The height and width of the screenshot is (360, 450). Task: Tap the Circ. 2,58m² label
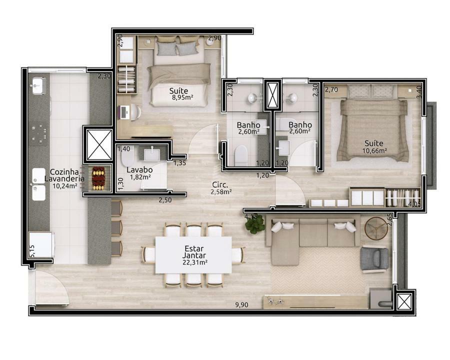pos(221,188)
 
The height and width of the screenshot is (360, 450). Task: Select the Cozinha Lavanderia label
pos(64,175)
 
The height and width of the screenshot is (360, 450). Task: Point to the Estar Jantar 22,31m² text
pos(194,255)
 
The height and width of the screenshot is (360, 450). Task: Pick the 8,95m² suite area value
pos(182,97)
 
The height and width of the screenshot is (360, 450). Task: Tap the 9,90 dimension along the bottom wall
pos(241,305)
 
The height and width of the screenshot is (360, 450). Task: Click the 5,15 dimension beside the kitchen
pos(32,251)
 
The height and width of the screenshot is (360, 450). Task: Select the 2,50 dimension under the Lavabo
pos(165,200)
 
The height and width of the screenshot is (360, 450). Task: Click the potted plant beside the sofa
pos(255,223)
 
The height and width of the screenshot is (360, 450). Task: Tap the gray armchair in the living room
pos(374,259)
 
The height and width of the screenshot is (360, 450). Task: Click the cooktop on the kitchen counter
pos(39,133)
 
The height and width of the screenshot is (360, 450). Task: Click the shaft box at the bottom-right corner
pos(404,302)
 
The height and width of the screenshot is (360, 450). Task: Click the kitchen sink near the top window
pos(38,85)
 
